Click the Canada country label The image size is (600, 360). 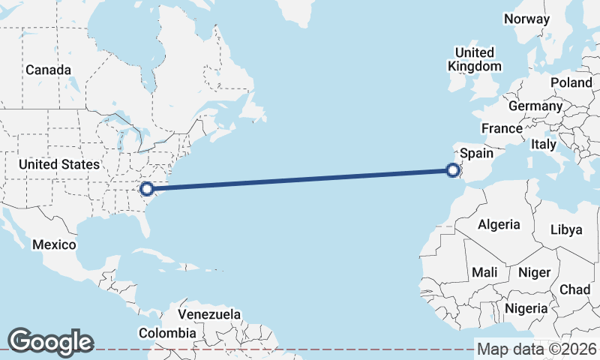[x=48, y=70]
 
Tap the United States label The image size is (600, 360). [x=59, y=164]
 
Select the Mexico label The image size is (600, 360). [x=54, y=244]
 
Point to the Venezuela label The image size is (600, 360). [x=209, y=313]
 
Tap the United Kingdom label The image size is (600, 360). [x=475, y=59]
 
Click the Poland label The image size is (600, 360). [x=571, y=82]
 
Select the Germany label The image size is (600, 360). [x=535, y=106]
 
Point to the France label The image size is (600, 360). [x=502, y=128]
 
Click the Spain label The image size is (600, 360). [x=476, y=153]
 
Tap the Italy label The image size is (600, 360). [x=542, y=143]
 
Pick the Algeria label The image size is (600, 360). [x=499, y=224]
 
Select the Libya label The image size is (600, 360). [x=565, y=229]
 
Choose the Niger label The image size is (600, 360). [x=534, y=272]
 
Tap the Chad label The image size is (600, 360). [x=574, y=289]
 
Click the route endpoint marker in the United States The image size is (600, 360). [x=148, y=189]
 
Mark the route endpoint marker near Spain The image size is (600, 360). [x=453, y=171]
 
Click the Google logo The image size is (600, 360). [x=50, y=342]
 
